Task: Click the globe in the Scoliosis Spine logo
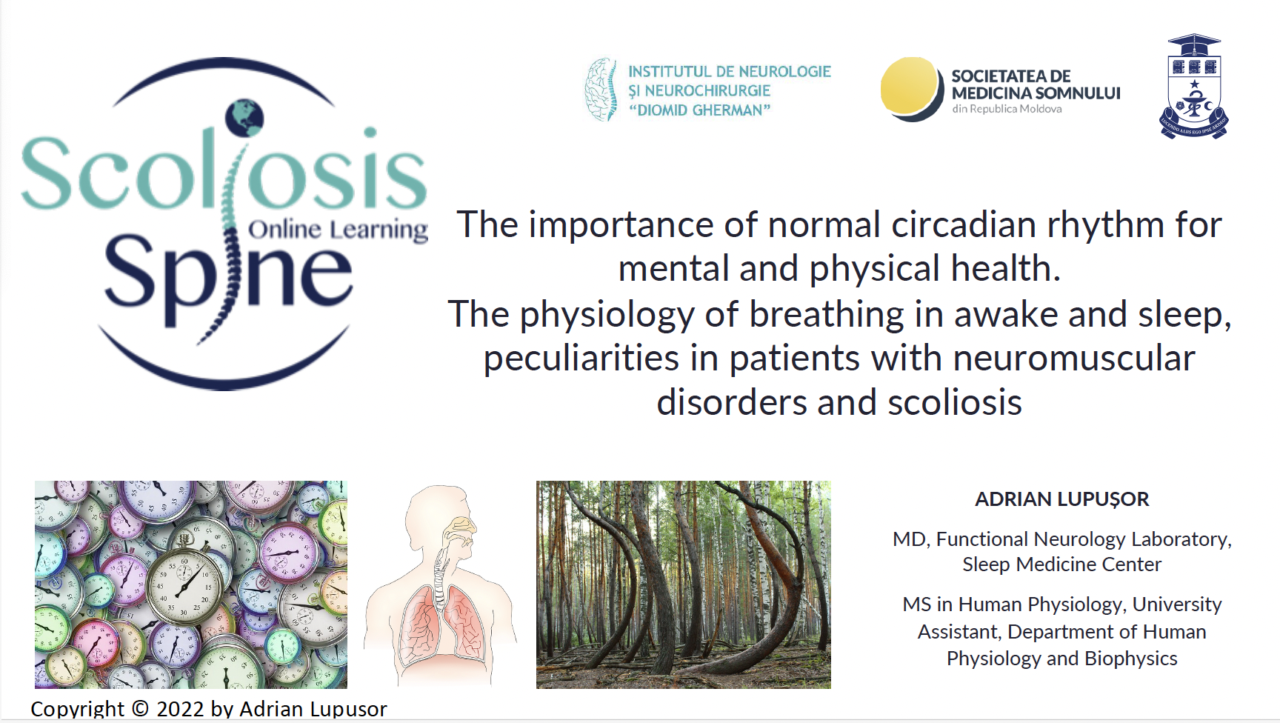[244, 117]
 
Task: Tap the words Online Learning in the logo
[338, 229]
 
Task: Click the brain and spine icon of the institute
[601, 90]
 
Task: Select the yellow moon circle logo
[909, 88]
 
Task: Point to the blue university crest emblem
[1193, 87]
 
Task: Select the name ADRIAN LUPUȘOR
[1061, 499]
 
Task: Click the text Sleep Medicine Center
[1061, 564]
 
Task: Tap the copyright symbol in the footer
[141, 709]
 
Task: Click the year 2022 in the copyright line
[180, 709]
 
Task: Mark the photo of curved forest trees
[683, 584]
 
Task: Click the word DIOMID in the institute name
[667, 110]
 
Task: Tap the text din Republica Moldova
[1007, 109]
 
